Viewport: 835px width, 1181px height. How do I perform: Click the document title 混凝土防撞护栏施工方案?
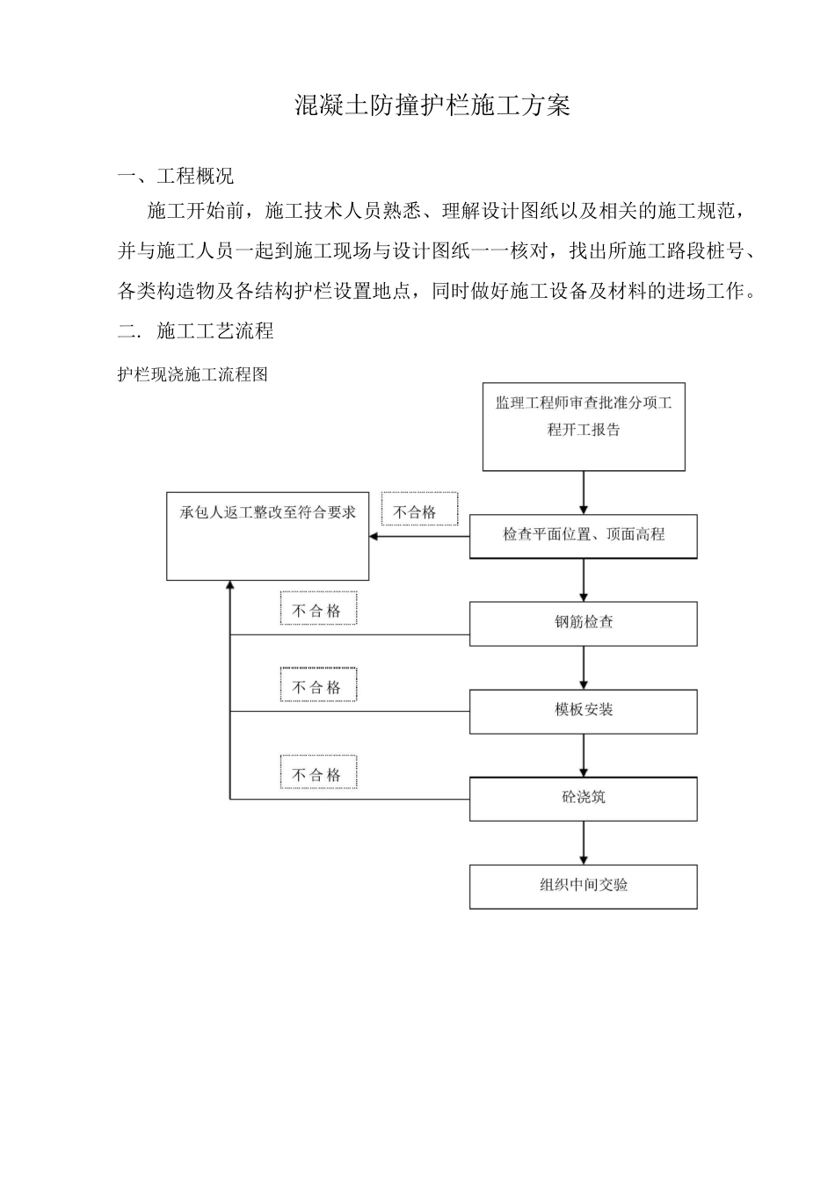pos(432,106)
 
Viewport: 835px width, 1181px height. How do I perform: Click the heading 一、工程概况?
pos(176,176)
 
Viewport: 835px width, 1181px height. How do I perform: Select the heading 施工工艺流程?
pos(214,331)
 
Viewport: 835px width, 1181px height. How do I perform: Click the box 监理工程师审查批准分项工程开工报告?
pos(584,426)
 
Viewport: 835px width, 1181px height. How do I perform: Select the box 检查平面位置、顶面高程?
pos(584,536)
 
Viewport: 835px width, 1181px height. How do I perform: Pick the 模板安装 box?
pos(584,711)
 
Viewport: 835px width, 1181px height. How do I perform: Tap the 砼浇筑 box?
pos(584,799)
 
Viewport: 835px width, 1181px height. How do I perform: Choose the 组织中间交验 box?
pos(584,887)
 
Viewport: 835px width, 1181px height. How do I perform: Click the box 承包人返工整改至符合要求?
pos(268,536)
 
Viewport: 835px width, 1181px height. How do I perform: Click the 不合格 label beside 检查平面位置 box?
pos(415,512)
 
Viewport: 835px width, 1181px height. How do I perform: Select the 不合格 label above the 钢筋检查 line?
pos(317,611)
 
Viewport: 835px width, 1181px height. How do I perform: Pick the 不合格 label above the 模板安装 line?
pos(317,687)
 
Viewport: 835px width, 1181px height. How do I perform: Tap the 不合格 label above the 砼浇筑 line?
pos(317,774)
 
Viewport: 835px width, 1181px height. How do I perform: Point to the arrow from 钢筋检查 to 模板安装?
pos(584,668)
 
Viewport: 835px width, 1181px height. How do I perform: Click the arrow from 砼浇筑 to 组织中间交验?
pos(584,844)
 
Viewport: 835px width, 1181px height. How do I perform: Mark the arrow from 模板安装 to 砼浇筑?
pos(584,756)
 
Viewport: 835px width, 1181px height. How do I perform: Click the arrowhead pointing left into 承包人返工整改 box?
pos(374,536)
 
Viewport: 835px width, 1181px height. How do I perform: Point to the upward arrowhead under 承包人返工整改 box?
pos(230,586)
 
